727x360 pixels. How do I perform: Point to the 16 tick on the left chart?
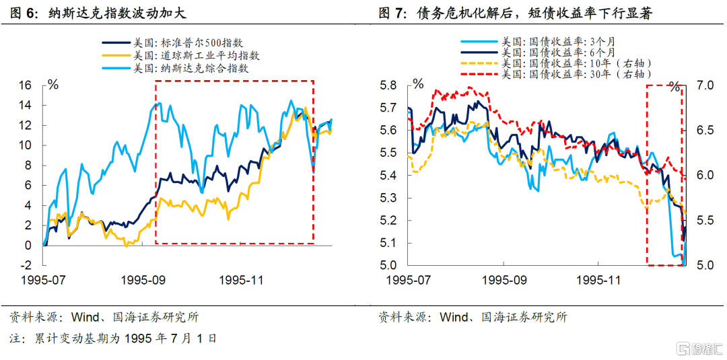coord(25,85)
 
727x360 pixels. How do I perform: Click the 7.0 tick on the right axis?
coord(703,85)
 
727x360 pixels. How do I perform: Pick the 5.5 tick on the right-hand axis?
coord(703,220)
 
